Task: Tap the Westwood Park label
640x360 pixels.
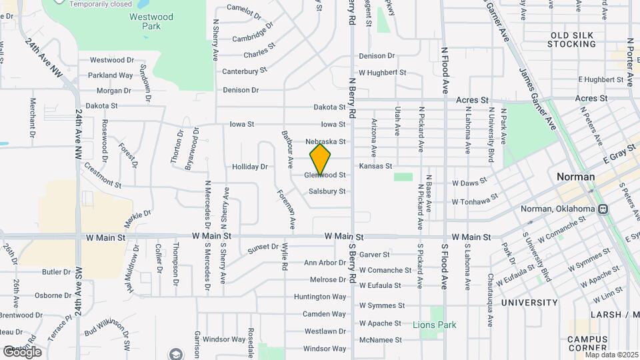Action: pos(152,21)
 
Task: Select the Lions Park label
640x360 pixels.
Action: pos(434,325)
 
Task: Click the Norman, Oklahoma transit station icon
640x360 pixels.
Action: pos(603,209)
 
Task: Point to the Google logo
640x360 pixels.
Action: pos(22,351)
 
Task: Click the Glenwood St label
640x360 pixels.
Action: pos(325,175)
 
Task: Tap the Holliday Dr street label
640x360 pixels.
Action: pos(249,167)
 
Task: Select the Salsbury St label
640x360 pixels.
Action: pos(327,191)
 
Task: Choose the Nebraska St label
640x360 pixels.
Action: pos(326,141)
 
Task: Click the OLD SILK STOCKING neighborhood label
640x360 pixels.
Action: pos(571,39)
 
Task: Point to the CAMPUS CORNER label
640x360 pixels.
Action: pos(587,343)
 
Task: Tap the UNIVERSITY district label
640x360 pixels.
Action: pos(529,303)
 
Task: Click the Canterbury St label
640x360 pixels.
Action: pos(244,70)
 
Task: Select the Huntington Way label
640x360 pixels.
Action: pos(321,297)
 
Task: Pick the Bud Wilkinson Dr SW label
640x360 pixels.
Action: pos(107,335)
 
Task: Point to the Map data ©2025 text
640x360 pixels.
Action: pos(611,355)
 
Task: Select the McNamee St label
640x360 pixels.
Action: pos(381,339)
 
